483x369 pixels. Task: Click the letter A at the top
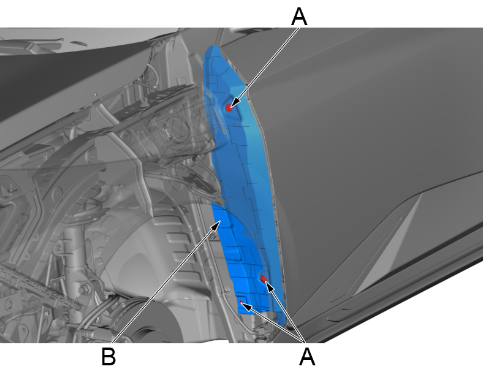pos(299,17)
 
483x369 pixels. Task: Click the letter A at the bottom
pos(307,357)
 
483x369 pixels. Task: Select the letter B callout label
pos(108,357)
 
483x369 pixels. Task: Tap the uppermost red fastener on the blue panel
pos(229,107)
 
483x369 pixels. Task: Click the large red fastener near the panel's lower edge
pos(264,279)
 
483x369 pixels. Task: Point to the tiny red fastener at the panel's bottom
pos(241,302)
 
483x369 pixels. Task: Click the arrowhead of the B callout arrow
pos(216,225)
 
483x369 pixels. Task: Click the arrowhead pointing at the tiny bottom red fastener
pos(248,306)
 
